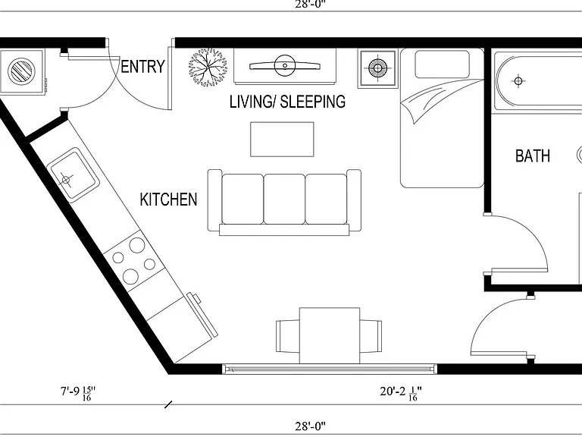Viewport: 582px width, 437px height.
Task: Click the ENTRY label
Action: coord(142,67)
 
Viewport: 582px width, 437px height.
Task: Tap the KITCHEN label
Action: coord(168,200)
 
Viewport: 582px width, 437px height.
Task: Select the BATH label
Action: coord(533,156)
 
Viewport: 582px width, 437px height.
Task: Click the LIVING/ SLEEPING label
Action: coord(287,102)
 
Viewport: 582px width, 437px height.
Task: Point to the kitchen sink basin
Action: coord(73,174)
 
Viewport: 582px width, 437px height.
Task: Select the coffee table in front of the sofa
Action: coord(282,140)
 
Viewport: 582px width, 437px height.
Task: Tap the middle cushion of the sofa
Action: coord(284,200)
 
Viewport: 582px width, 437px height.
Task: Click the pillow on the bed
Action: coord(442,64)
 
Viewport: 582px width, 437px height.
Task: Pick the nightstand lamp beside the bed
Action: coord(377,68)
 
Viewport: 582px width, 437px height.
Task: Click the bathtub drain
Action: coord(518,80)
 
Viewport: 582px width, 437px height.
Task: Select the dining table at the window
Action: coord(330,335)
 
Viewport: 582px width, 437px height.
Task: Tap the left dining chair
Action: coord(288,336)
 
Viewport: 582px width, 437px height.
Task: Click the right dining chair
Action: coord(371,336)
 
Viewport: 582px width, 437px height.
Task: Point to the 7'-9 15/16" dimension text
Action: coord(78,393)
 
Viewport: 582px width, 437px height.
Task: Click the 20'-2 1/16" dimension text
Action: coord(401,393)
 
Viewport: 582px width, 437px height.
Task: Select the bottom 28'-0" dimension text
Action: coord(311,426)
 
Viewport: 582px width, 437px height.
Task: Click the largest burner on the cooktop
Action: coord(137,245)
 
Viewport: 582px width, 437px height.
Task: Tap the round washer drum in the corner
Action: coord(21,71)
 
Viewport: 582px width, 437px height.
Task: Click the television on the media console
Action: coord(285,66)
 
